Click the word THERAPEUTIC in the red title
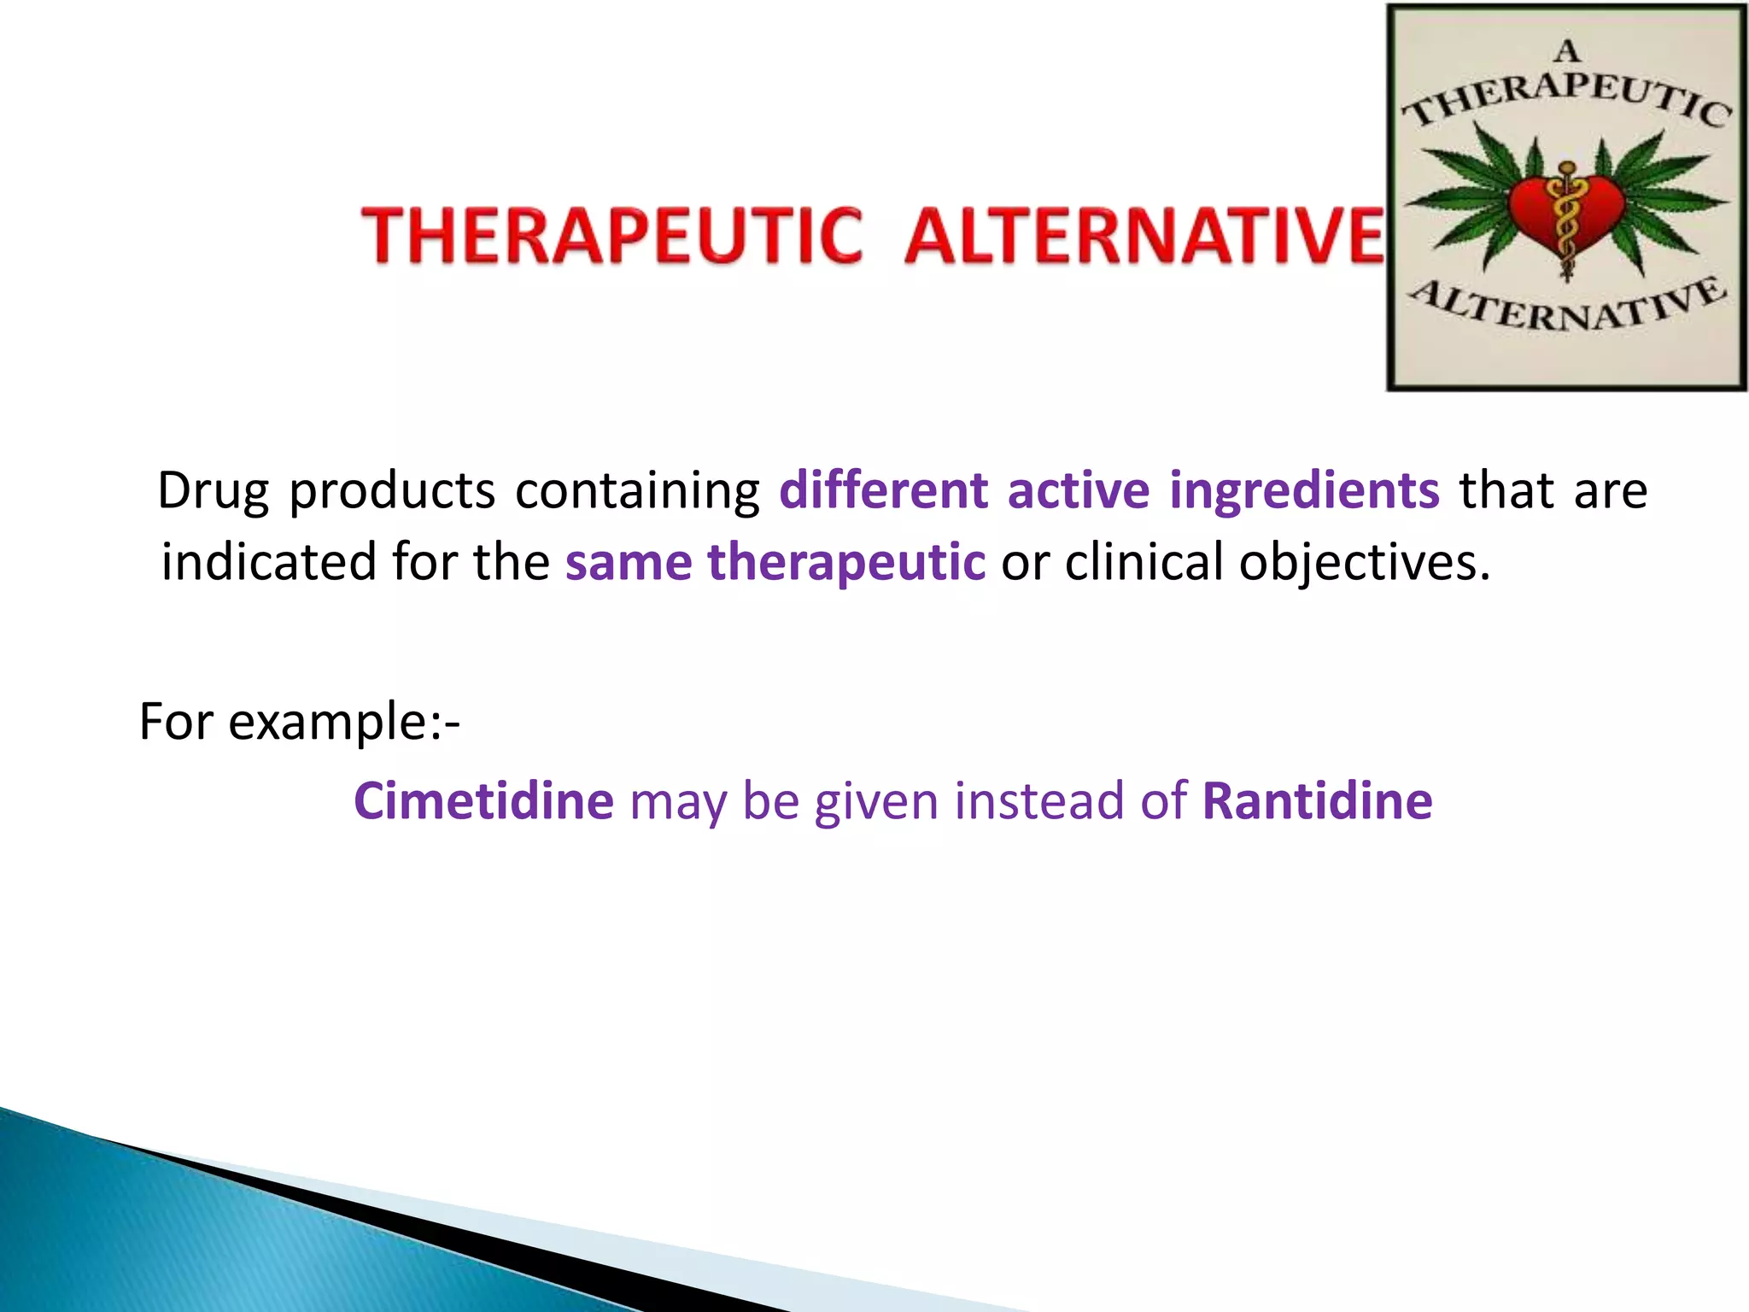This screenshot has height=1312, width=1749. tap(611, 236)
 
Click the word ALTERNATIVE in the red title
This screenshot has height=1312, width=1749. tap(1144, 236)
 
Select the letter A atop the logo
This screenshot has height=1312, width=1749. tap(1567, 52)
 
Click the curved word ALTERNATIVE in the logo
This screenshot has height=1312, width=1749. tap(1567, 309)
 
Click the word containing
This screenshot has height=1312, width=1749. tap(637, 491)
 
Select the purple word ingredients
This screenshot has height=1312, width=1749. tap(1304, 491)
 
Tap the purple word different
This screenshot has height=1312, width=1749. tap(883, 491)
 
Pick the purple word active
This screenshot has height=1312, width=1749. tap(1078, 491)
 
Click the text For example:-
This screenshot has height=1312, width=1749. tap(299, 722)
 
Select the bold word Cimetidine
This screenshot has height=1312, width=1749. tap(483, 801)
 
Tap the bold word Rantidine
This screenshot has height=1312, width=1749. tap(1317, 801)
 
